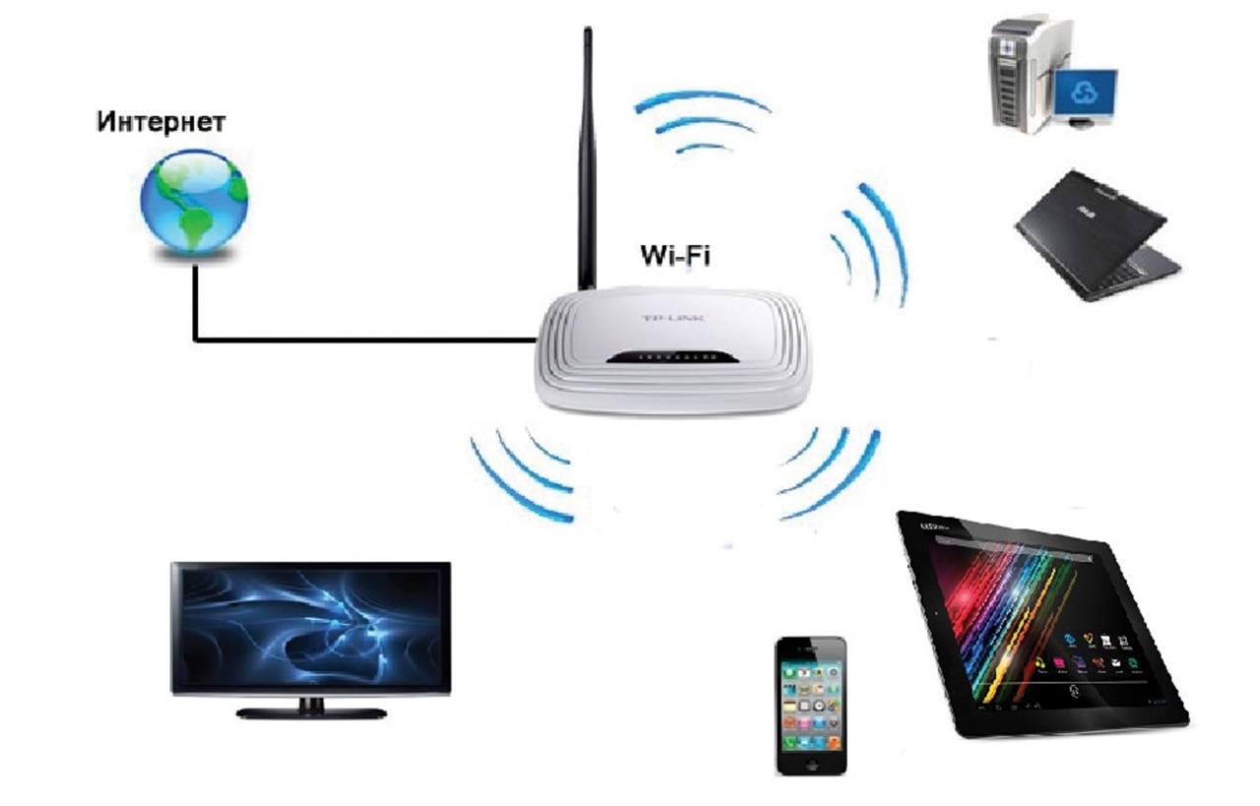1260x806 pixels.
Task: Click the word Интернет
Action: coord(161,124)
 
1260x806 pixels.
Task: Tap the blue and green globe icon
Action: coord(193,204)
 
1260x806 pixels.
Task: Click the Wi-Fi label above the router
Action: coord(675,256)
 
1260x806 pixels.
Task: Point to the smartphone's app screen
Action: coord(810,700)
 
